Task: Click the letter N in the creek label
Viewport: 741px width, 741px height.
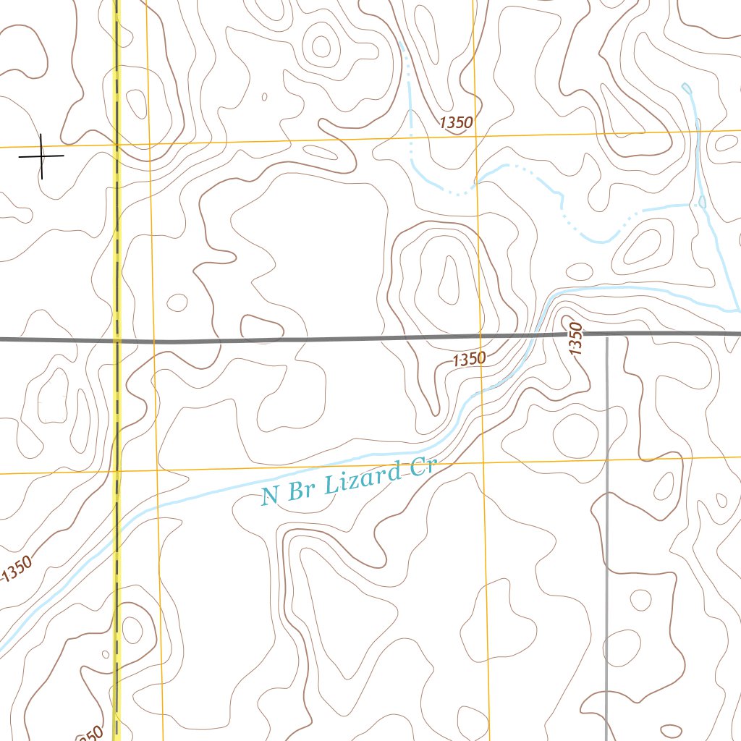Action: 270,496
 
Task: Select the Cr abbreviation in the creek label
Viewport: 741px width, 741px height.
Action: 421,467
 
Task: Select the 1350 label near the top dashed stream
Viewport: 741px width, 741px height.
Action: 456,123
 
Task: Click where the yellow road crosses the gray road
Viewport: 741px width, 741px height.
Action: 116,339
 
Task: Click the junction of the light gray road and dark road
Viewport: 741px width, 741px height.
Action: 606,334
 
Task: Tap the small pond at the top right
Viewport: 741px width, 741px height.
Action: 686,88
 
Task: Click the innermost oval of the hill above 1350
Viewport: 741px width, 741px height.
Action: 449,281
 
